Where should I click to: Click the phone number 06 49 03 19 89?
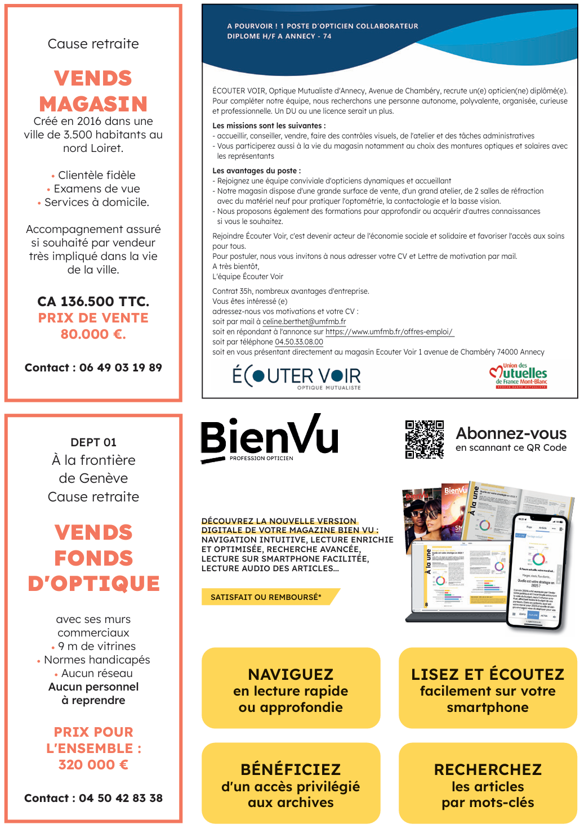(121, 368)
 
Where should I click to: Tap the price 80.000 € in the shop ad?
(93, 334)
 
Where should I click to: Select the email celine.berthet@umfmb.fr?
(304, 322)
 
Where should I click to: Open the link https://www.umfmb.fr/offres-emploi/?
(389, 332)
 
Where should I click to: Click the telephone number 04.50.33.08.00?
(299, 342)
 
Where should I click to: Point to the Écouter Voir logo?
(297, 376)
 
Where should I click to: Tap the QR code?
(425, 440)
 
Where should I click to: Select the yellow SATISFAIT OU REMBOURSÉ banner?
(267, 597)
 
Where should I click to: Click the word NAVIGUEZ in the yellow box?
(291, 674)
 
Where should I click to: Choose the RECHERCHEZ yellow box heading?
(488, 769)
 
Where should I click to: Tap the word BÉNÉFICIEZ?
(291, 769)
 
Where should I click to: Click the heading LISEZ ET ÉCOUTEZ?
(488, 674)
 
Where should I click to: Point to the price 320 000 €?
(93, 765)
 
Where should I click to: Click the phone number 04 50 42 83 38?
(121, 798)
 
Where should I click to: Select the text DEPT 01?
(93, 442)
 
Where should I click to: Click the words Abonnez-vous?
(511, 433)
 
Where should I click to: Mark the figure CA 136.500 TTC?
(93, 302)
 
